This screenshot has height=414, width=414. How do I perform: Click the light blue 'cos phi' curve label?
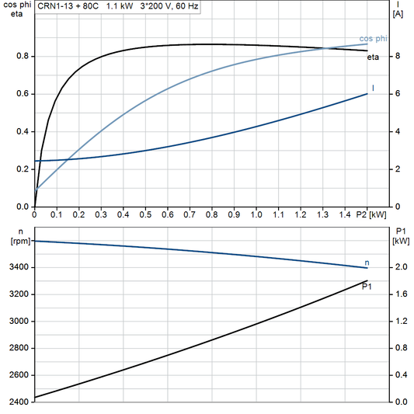click(x=373, y=39)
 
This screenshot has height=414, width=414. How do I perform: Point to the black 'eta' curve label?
click(x=374, y=57)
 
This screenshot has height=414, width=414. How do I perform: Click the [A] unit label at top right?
click(x=398, y=14)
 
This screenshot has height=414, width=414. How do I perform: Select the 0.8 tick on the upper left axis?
click(x=23, y=56)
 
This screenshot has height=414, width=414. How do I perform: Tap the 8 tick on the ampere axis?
click(x=397, y=56)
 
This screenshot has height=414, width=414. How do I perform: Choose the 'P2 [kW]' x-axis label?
click(x=371, y=214)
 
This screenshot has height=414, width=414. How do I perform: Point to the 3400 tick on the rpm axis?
click(x=17, y=267)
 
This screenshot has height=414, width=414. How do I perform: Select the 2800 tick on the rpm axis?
click(x=17, y=348)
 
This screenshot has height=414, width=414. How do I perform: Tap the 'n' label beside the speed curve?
click(x=367, y=263)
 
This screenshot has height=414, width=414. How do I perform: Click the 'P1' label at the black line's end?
click(x=367, y=287)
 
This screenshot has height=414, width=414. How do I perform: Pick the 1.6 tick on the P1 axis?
click(x=400, y=294)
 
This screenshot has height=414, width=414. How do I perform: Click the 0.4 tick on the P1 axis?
click(x=400, y=375)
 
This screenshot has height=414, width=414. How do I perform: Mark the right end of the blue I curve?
click(x=367, y=94)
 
